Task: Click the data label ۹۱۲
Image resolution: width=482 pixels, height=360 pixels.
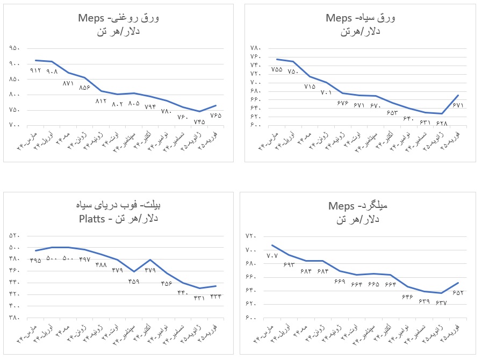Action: [35, 70]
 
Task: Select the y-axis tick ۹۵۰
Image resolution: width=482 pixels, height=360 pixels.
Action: [15, 48]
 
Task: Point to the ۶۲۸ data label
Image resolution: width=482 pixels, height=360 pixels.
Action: [442, 123]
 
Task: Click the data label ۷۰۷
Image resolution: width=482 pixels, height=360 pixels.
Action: [272, 255]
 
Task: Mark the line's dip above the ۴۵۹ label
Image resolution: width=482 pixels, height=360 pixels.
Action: [134, 272]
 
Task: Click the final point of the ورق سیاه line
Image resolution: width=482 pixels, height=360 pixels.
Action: [458, 95]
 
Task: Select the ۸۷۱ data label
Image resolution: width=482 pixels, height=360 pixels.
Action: [68, 83]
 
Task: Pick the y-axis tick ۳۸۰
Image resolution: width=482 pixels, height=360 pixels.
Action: [15, 318]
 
